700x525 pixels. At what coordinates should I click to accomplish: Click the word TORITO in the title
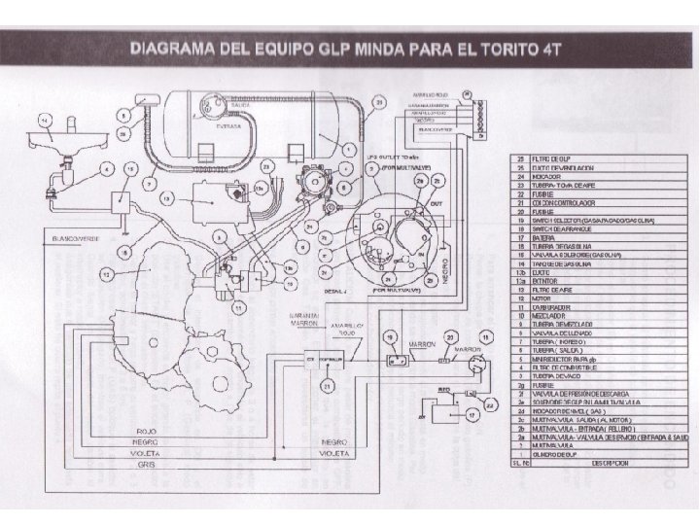click(x=509, y=48)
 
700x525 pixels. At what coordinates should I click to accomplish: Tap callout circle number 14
click(x=43, y=121)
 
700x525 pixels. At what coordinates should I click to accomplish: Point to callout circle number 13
click(x=167, y=198)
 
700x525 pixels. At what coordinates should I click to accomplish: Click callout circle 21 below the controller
click(x=328, y=387)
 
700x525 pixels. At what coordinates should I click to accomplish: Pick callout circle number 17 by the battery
click(x=472, y=414)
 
